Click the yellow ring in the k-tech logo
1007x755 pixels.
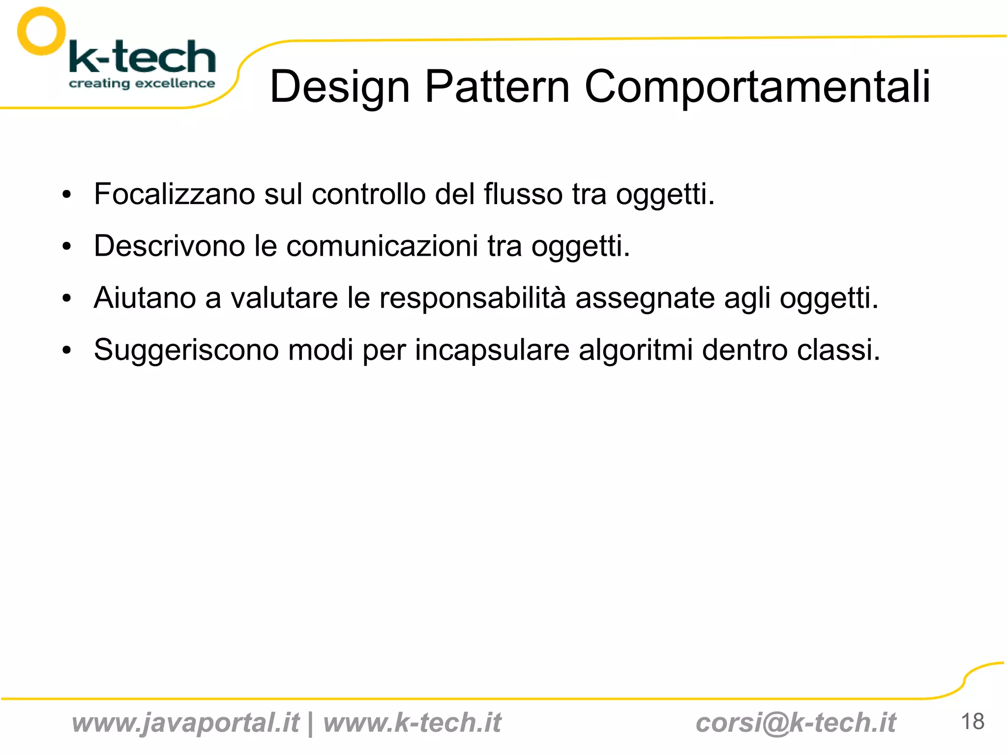tap(41, 31)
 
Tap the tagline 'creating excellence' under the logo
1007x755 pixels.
tap(142, 84)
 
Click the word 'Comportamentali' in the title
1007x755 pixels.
tap(757, 87)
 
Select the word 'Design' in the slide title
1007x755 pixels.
tap(340, 88)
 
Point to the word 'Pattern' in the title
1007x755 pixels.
tap(497, 87)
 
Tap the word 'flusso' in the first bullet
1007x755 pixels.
tap(523, 194)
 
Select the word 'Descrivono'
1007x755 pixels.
tap(169, 245)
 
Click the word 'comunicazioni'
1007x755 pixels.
tap(382, 245)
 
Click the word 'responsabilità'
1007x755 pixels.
tap(472, 298)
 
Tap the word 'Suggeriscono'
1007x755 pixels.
tap(186, 350)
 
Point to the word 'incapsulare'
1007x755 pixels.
tap(492, 350)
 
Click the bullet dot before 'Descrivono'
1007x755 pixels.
tap(67, 246)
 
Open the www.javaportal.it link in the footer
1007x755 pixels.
tap(185, 723)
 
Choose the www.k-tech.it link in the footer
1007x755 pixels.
tap(412, 723)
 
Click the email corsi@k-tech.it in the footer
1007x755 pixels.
tap(796, 723)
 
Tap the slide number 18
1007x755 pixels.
tap(972, 722)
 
